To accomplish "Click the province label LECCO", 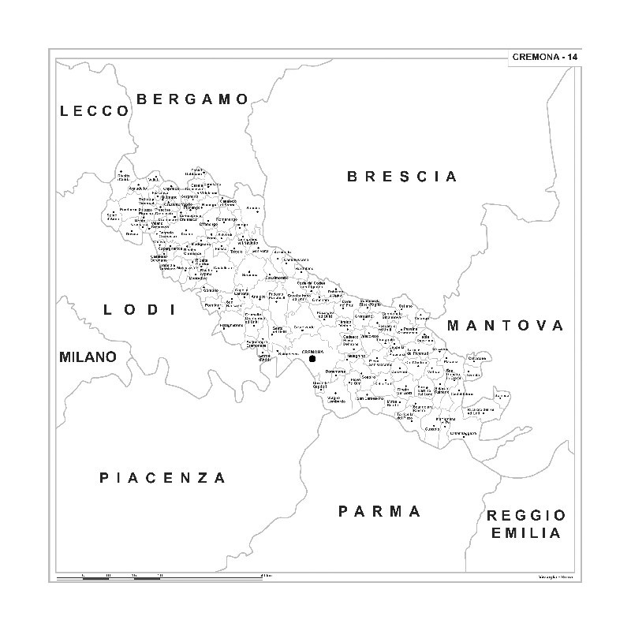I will pyautogui.click(x=94, y=111).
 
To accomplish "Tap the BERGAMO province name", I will pyautogui.click(x=193, y=99).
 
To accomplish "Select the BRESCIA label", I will pyautogui.click(x=402, y=177).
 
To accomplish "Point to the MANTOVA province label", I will pyautogui.click(x=506, y=325).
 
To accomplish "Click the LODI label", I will pyautogui.click(x=139, y=310).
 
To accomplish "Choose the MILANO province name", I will pyautogui.click(x=88, y=357).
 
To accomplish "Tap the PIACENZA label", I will pyautogui.click(x=162, y=477).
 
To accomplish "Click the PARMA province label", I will pyautogui.click(x=380, y=511).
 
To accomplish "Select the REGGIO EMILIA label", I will pyautogui.click(x=526, y=524).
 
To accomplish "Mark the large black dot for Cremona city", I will pyautogui.click(x=312, y=359).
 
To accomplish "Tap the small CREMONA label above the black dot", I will pyautogui.click(x=313, y=350).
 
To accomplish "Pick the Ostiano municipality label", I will pyautogui.click(x=405, y=306).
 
